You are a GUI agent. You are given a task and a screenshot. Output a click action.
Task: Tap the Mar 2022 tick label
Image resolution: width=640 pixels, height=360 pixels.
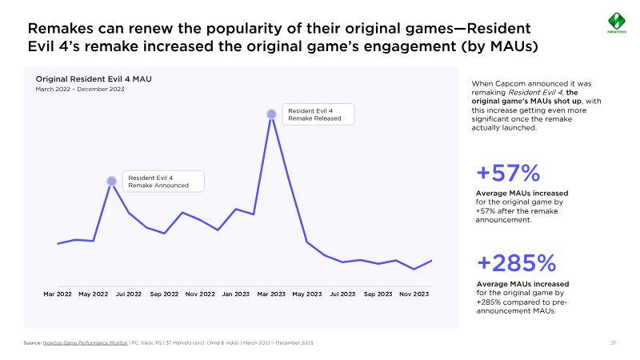click(x=58, y=294)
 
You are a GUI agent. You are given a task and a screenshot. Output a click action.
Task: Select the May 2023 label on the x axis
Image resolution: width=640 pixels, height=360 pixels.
click(x=307, y=294)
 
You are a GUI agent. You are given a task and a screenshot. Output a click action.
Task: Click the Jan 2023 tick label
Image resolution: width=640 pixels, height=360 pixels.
click(x=236, y=294)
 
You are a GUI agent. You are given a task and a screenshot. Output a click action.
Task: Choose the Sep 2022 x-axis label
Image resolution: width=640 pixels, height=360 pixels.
click(x=165, y=294)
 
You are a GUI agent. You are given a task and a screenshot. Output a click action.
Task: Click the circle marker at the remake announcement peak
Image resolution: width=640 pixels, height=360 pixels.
click(x=111, y=182)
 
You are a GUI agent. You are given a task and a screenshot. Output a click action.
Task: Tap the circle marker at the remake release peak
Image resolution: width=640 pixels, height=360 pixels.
click(x=272, y=114)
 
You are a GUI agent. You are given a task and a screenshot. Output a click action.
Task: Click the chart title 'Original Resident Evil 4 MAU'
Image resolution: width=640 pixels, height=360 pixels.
click(x=94, y=79)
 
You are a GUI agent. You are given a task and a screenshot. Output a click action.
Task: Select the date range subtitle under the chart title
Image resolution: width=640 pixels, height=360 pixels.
click(x=80, y=89)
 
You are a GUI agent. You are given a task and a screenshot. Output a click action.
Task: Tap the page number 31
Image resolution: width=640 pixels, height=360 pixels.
click(x=613, y=343)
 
